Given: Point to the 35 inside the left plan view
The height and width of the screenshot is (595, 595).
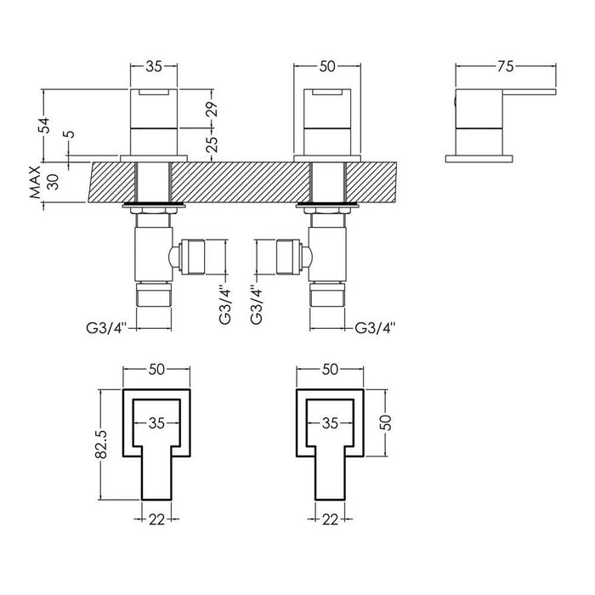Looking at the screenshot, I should point(156,422).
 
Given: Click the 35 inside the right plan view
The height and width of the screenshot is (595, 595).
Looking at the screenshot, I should point(330,422).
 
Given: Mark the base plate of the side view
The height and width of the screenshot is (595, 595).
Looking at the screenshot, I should point(480,157).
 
